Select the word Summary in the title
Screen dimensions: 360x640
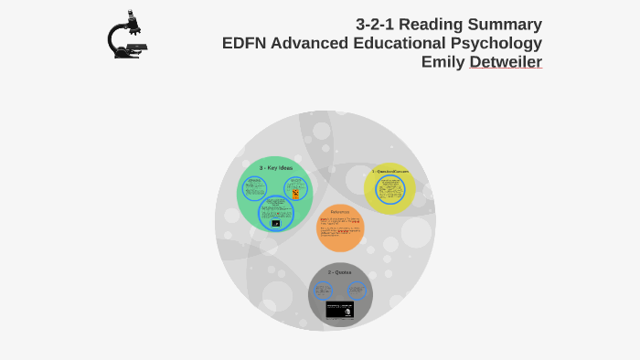click(507, 24)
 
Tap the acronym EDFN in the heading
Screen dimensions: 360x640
click(246, 43)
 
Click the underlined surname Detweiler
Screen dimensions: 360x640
click(506, 62)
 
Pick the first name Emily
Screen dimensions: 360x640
click(443, 62)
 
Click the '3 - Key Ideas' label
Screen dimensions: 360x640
click(275, 168)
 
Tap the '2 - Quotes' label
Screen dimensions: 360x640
click(340, 272)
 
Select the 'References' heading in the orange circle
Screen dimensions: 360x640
click(340, 212)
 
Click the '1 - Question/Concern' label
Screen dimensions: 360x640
click(390, 171)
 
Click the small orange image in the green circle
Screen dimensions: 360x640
click(295, 193)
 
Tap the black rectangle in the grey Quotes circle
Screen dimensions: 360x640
click(340, 309)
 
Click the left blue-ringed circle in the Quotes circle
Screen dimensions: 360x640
click(324, 291)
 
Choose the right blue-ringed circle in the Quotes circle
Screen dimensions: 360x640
click(357, 291)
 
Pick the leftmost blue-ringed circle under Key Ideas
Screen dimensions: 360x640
click(254, 188)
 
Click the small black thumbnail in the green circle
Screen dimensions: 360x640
click(275, 223)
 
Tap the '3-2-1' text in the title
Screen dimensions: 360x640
click(377, 24)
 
